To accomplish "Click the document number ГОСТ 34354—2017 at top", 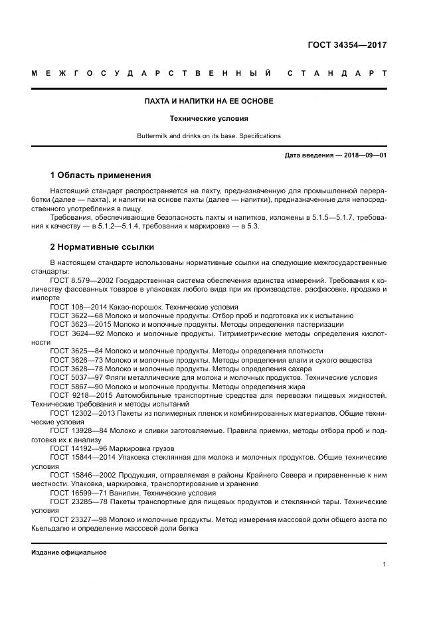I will coord(347,46).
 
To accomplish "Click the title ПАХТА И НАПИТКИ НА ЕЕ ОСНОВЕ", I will coord(209,101).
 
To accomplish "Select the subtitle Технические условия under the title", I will coord(209,119).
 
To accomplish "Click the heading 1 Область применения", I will coord(100,175).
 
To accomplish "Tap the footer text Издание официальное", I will coord(69,552).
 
